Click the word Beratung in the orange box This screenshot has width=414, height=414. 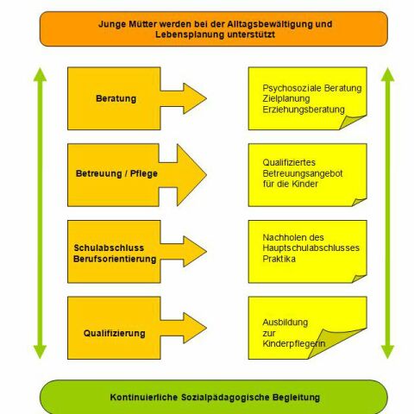(116, 98)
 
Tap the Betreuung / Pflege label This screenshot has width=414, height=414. (116, 173)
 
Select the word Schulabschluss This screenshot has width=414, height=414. (109, 248)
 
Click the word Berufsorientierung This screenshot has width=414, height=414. (115, 259)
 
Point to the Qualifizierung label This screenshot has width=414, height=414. (115, 334)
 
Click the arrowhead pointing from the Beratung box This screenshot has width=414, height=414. (193, 98)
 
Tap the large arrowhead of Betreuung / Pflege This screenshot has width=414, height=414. (190, 175)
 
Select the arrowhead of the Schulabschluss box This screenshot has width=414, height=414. (193, 252)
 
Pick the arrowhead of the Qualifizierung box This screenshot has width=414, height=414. (193, 328)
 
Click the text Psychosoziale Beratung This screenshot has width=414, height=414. (312, 88)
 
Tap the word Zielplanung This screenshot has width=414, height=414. (286, 98)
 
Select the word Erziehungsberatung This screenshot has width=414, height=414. (304, 110)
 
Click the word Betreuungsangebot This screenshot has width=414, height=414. (303, 173)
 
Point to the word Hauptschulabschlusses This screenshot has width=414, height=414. (311, 248)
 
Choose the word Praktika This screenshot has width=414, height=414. (279, 259)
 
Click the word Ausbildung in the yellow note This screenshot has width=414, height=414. (285, 323)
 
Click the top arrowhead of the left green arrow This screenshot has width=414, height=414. (40, 74)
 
